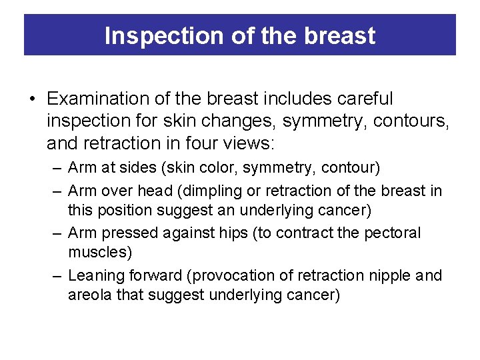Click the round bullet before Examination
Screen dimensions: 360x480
[x=33, y=99]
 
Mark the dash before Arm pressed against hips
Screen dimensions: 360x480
[x=58, y=233]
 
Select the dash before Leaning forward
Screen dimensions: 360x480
[x=58, y=275]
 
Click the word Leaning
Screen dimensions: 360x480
[x=93, y=275]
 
